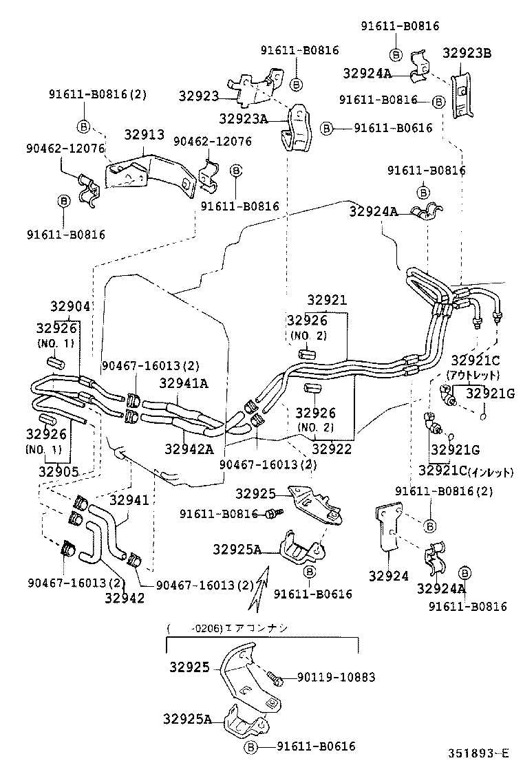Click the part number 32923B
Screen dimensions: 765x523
(x=467, y=53)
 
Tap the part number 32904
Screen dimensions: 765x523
(x=71, y=306)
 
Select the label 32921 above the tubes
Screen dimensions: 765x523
(x=327, y=301)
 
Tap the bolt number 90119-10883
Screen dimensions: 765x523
(x=337, y=678)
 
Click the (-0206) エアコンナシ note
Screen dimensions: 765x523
(x=228, y=628)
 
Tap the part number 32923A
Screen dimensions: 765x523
(x=243, y=118)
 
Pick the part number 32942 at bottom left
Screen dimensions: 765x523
(x=125, y=598)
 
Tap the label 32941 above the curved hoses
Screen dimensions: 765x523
(x=129, y=500)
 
